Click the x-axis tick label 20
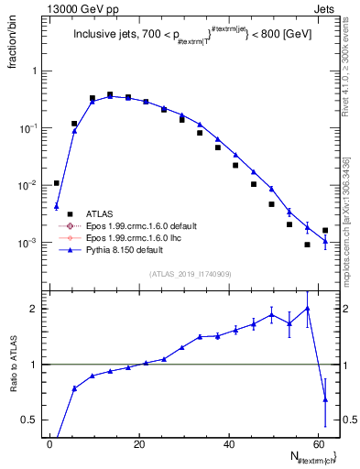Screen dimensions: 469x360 coord(139,444)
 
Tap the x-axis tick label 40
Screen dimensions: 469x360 coord(228,444)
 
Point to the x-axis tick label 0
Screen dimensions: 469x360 coord(50,444)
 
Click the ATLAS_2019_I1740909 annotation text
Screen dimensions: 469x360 coord(190,275)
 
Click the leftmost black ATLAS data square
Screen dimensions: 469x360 coord(56,183)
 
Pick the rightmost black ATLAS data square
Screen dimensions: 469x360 coord(325,231)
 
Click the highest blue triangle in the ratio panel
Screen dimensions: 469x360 coord(307,309)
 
